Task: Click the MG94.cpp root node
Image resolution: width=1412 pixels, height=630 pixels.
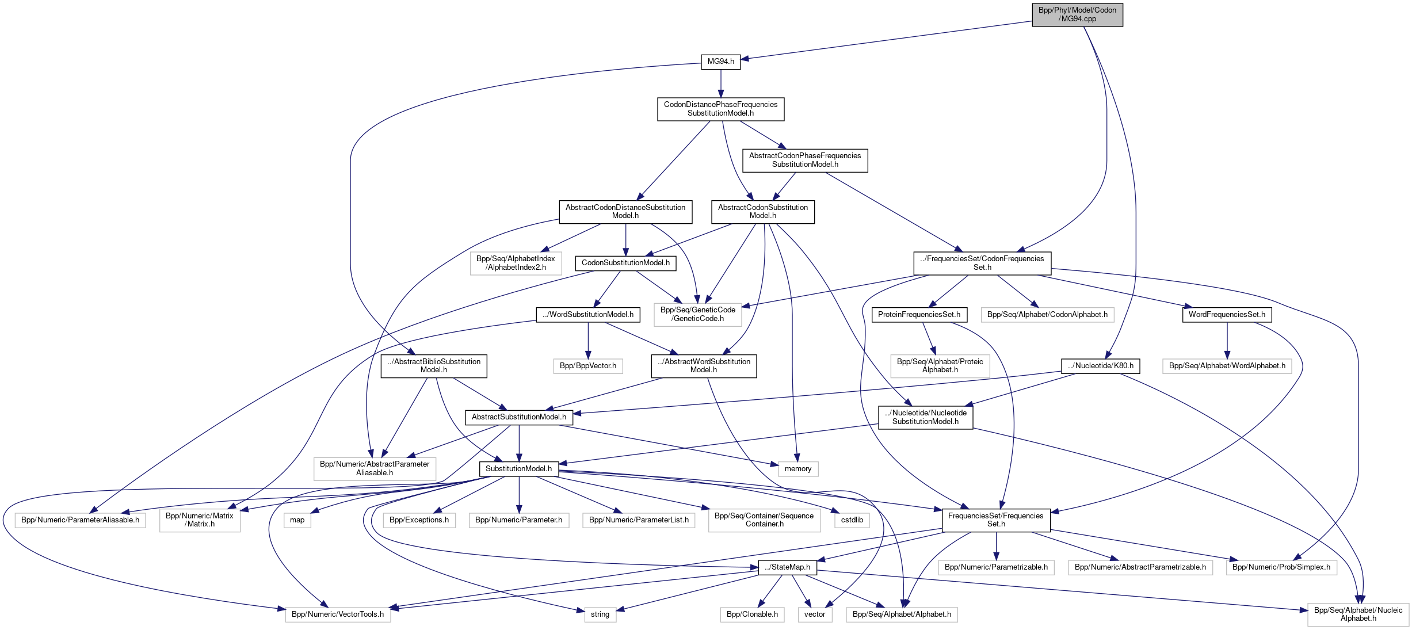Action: coord(1077,14)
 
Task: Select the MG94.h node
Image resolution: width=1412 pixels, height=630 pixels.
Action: coord(720,62)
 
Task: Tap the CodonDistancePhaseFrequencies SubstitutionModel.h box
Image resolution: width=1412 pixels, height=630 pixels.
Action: coord(720,109)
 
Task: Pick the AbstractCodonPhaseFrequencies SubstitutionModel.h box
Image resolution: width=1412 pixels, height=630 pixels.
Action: coord(804,160)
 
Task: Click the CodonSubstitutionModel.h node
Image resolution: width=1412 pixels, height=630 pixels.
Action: coord(625,263)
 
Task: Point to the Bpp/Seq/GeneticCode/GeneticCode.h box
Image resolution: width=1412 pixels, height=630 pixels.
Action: coord(697,314)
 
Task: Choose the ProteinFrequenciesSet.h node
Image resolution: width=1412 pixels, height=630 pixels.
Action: coord(919,315)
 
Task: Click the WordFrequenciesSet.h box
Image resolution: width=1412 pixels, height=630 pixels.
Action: coord(1227,315)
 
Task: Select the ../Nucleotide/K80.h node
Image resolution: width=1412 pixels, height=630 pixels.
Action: coord(1100,366)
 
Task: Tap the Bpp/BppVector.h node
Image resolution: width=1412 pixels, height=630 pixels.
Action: coord(587,366)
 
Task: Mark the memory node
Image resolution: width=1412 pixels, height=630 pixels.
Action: coord(797,469)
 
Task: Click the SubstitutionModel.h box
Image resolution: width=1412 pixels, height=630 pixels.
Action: coord(518,469)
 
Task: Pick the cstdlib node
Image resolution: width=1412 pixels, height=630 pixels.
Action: coord(852,520)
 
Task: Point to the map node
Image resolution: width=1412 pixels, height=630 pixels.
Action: coord(297,520)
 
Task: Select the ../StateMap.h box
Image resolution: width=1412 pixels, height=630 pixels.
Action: coord(787,567)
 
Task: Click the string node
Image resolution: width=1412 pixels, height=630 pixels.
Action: coord(600,614)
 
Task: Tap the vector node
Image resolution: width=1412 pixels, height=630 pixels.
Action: coord(815,614)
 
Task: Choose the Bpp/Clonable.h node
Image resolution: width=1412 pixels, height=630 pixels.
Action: coord(752,614)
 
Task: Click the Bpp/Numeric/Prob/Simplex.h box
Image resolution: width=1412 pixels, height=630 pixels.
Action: coord(1281,567)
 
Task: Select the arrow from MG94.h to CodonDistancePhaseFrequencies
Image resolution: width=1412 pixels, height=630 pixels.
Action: coord(720,83)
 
